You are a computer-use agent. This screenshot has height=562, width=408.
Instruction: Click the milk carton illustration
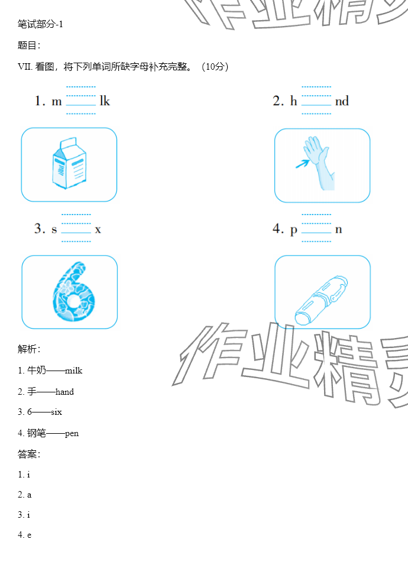click(x=69, y=163)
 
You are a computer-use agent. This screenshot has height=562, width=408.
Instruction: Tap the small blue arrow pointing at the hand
click(x=302, y=164)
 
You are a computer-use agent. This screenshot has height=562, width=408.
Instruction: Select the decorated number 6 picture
click(x=73, y=292)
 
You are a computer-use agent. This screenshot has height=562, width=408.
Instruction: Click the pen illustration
click(x=321, y=300)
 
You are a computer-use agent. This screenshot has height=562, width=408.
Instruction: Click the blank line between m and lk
click(x=81, y=105)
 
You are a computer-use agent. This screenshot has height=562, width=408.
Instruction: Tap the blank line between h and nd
click(x=316, y=105)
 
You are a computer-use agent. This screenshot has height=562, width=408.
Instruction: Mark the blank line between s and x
click(x=76, y=233)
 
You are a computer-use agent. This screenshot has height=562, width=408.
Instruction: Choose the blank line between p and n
click(x=316, y=233)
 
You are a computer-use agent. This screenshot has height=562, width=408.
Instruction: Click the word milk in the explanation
click(x=73, y=371)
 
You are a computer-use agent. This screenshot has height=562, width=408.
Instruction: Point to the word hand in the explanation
click(x=64, y=392)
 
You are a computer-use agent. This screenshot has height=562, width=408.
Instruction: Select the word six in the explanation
click(x=56, y=412)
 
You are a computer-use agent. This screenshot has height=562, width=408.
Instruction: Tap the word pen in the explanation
click(x=72, y=434)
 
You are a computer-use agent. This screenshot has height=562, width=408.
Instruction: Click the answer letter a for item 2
click(x=29, y=495)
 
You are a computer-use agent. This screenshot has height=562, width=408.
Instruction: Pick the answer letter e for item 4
click(x=29, y=535)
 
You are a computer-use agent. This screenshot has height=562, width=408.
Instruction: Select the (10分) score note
click(x=215, y=67)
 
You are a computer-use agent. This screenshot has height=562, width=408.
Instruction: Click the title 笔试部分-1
click(x=40, y=24)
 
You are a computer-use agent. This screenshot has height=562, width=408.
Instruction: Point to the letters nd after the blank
click(x=342, y=101)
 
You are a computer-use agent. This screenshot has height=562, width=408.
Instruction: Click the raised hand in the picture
click(x=318, y=161)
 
